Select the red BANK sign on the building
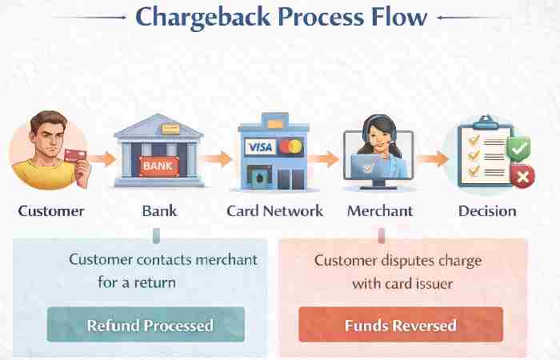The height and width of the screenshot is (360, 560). [157, 166]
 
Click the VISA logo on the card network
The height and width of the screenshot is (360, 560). [260, 147]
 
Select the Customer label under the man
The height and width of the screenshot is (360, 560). [50, 211]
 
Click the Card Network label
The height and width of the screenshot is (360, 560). [274, 211]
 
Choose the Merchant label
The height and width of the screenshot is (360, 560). [380, 211]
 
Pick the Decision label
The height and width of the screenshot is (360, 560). [487, 211]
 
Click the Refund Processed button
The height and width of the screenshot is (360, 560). [150, 325]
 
